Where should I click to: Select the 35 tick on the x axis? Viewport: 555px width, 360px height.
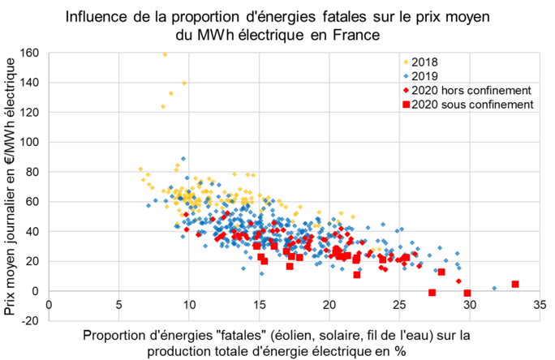click(539, 305)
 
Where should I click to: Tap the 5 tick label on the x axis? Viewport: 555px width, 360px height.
click(119, 305)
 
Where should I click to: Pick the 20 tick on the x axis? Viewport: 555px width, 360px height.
click(329, 305)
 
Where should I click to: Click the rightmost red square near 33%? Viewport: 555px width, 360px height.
click(515, 285)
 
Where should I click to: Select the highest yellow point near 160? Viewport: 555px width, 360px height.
click(165, 54)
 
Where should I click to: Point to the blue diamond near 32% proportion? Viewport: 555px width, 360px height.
click(495, 288)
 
